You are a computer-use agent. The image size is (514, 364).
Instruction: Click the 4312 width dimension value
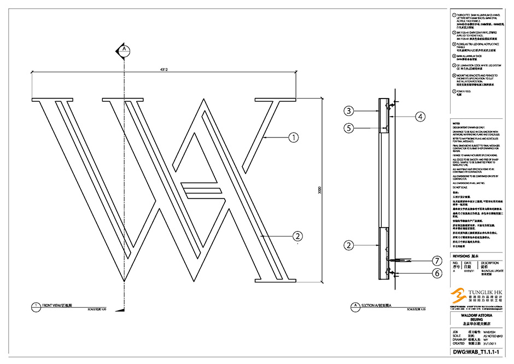(163, 70)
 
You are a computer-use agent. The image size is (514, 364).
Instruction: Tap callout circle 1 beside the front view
(294, 138)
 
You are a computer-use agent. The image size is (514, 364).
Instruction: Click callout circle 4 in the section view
(420, 116)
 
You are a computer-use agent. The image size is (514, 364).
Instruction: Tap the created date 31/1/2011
(490, 344)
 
